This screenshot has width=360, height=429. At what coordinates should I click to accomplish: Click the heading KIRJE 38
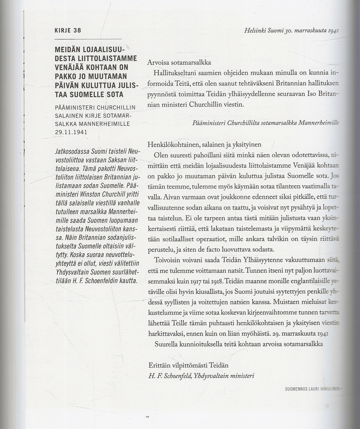point(68,30)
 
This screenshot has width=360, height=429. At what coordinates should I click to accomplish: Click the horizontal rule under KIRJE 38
point(88,39)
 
